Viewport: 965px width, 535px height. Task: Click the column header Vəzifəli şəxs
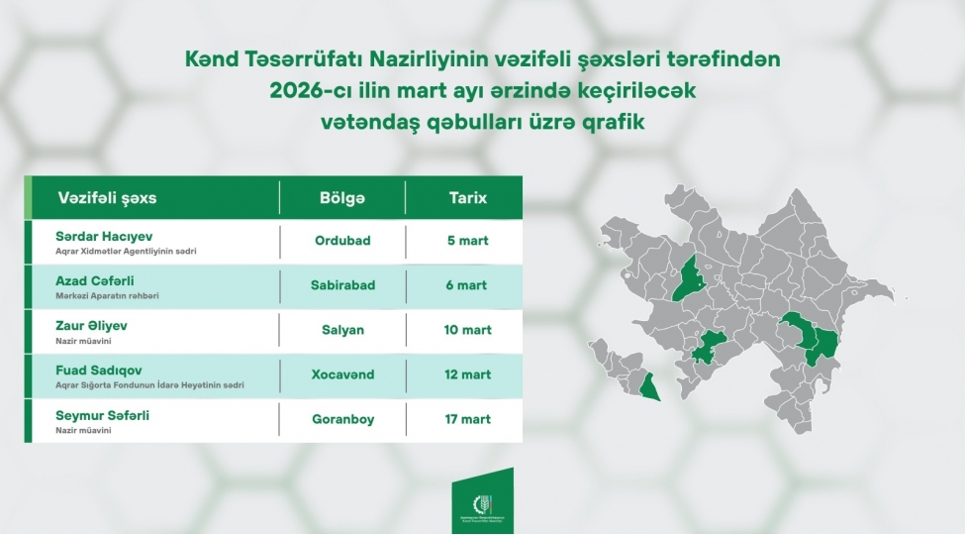click(x=107, y=198)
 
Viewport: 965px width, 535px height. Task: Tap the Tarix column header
click(x=468, y=198)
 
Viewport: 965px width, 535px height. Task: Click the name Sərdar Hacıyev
click(x=101, y=236)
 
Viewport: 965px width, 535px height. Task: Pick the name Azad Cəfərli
click(x=95, y=280)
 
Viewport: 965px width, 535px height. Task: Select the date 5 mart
click(x=468, y=241)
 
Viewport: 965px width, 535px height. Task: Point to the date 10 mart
click(x=468, y=330)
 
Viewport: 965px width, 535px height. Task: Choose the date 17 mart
click(x=468, y=419)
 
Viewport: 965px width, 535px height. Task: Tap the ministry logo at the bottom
click(x=482, y=505)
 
